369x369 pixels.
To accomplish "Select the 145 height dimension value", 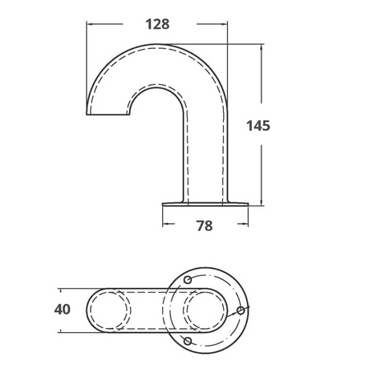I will [258, 125].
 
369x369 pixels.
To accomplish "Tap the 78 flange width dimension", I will [204, 226].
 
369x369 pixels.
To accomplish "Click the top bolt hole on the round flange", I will [187, 278].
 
